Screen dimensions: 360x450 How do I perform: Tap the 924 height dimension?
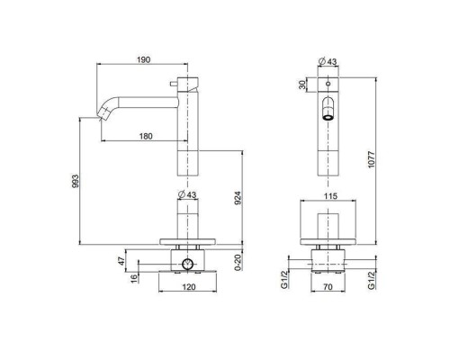[x=237, y=200]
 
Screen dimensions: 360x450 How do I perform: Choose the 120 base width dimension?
[x=189, y=288]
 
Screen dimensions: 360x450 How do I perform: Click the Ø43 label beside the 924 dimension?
[x=189, y=195]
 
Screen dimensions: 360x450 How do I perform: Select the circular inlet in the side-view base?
[x=189, y=265]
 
